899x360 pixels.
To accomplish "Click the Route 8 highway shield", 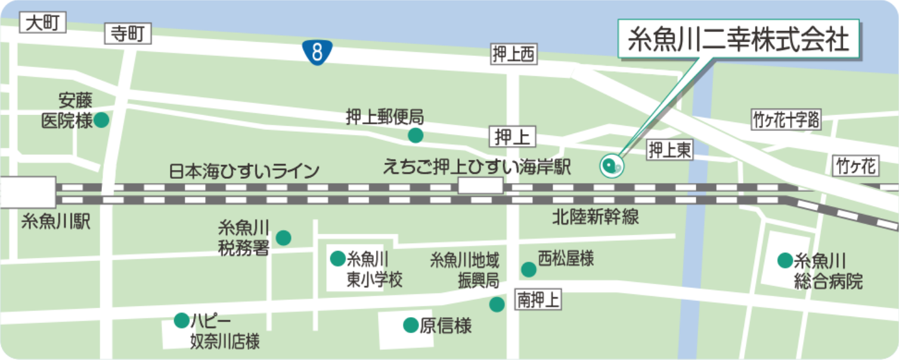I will click(317, 52).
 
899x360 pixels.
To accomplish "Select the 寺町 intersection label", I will click(128, 34).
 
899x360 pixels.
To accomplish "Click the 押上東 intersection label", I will click(670, 150).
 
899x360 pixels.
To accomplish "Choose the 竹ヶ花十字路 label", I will click(786, 120).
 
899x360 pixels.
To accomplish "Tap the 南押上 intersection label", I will click(538, 300).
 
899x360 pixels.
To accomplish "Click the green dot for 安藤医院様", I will click(101, 120).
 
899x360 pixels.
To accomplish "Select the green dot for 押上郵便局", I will click(416, 136).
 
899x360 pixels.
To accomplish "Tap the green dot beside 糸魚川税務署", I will click(284, 238).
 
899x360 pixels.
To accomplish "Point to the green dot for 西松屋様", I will click(528, 269).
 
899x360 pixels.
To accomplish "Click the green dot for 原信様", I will click(411, 325).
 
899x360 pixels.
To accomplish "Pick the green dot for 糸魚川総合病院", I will click(785, 260).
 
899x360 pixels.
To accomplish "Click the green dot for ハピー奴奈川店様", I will click(181, 321).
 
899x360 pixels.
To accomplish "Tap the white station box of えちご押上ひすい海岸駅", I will click(480, 186).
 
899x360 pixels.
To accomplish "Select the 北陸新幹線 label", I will click(596, 217).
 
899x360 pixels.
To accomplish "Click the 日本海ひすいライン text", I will click(244, 172).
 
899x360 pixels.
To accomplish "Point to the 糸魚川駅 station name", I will click(55, 222).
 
